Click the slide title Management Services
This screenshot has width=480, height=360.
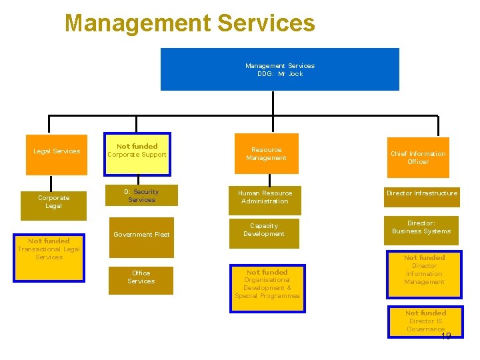point(189,23)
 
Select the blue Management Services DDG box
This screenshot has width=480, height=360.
point(279,69)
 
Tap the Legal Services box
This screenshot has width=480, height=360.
point(57,151)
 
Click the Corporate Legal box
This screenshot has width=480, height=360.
point(53,202)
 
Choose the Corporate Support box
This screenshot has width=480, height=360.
point(137,155)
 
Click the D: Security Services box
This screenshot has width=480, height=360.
point(141,196)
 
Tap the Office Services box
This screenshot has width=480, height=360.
point(141,277)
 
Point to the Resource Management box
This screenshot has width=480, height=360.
point(266,155)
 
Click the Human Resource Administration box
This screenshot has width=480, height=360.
point(265,197)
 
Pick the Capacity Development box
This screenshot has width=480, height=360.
point(264,231)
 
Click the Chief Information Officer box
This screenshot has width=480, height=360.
point(418,158)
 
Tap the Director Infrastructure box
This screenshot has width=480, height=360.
point(422,194)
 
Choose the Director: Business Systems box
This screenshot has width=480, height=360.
point(421,228)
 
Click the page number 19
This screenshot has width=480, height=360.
point(445,336)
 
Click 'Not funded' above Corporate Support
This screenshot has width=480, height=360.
point(137,146)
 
